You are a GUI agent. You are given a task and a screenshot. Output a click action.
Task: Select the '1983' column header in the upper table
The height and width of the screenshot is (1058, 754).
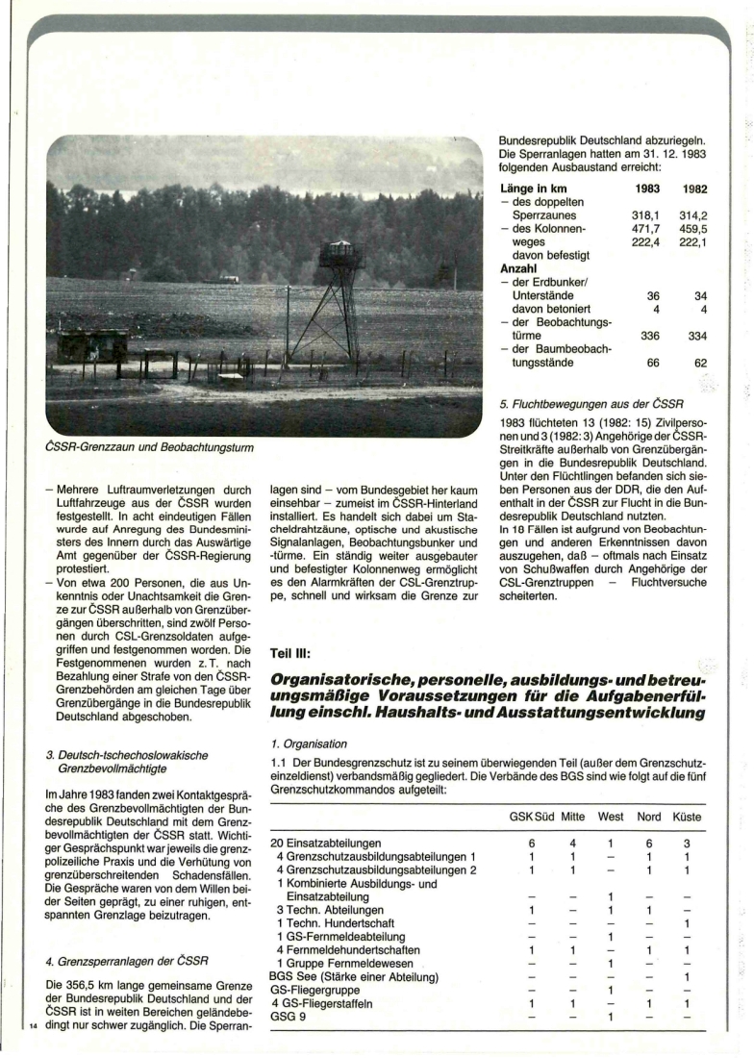[648, 190]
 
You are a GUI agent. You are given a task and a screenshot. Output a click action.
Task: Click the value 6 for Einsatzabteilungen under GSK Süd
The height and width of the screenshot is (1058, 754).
[532, 843]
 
